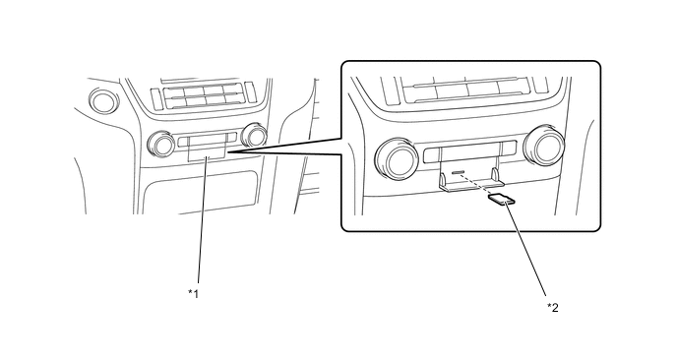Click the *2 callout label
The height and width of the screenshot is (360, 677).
[553, 308]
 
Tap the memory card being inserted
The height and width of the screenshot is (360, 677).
[500, 201]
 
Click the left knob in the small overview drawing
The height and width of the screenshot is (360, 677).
[159, 145]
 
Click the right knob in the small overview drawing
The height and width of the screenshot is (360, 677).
[255, 135]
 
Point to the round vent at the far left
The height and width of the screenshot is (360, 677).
[101, 100]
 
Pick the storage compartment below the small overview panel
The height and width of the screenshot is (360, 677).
[202, 191]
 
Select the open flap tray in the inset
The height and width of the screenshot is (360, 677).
[469, 185]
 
